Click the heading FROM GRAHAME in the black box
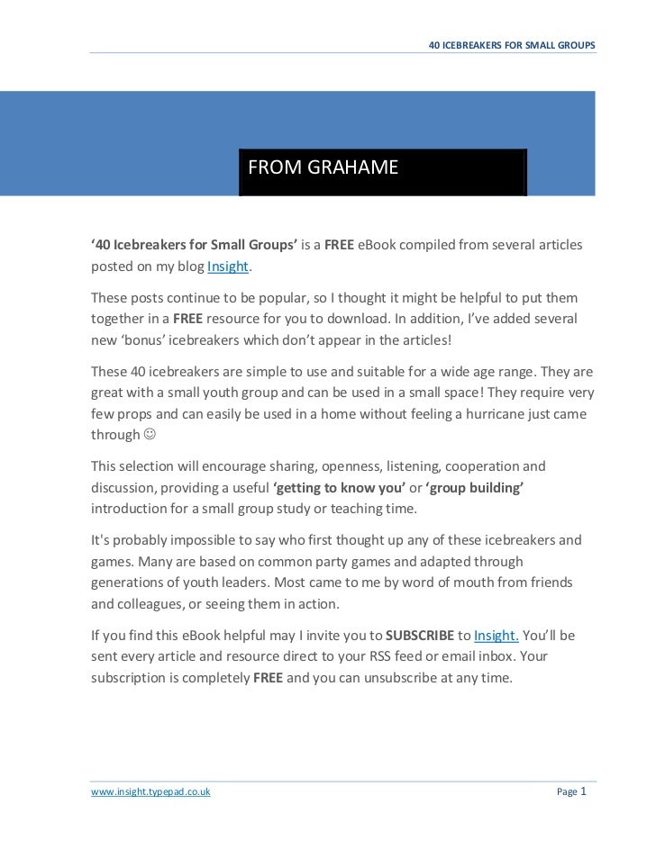[x=322, y=168]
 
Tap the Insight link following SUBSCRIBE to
[x=496, y=636]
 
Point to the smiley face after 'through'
[x=150, y=436]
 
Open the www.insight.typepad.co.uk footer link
[x=150, y=792]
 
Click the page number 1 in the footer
[x=585, y=791]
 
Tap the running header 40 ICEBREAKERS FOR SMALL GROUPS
[x=512, y=44]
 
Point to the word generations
[x=132, y=583]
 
